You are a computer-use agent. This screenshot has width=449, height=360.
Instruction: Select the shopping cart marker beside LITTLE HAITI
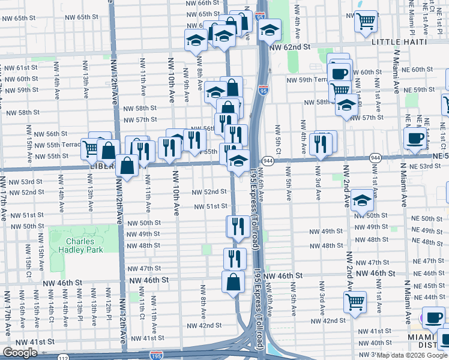(366, 22)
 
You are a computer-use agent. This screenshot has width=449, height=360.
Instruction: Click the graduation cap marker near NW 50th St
(362, 200)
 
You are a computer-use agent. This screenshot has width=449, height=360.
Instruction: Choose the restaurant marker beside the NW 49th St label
(237, 226)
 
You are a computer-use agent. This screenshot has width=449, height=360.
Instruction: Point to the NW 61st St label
(20, 68)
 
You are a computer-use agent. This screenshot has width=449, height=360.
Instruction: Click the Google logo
(20, 353)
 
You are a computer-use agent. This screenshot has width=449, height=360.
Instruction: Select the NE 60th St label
(426, 70)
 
